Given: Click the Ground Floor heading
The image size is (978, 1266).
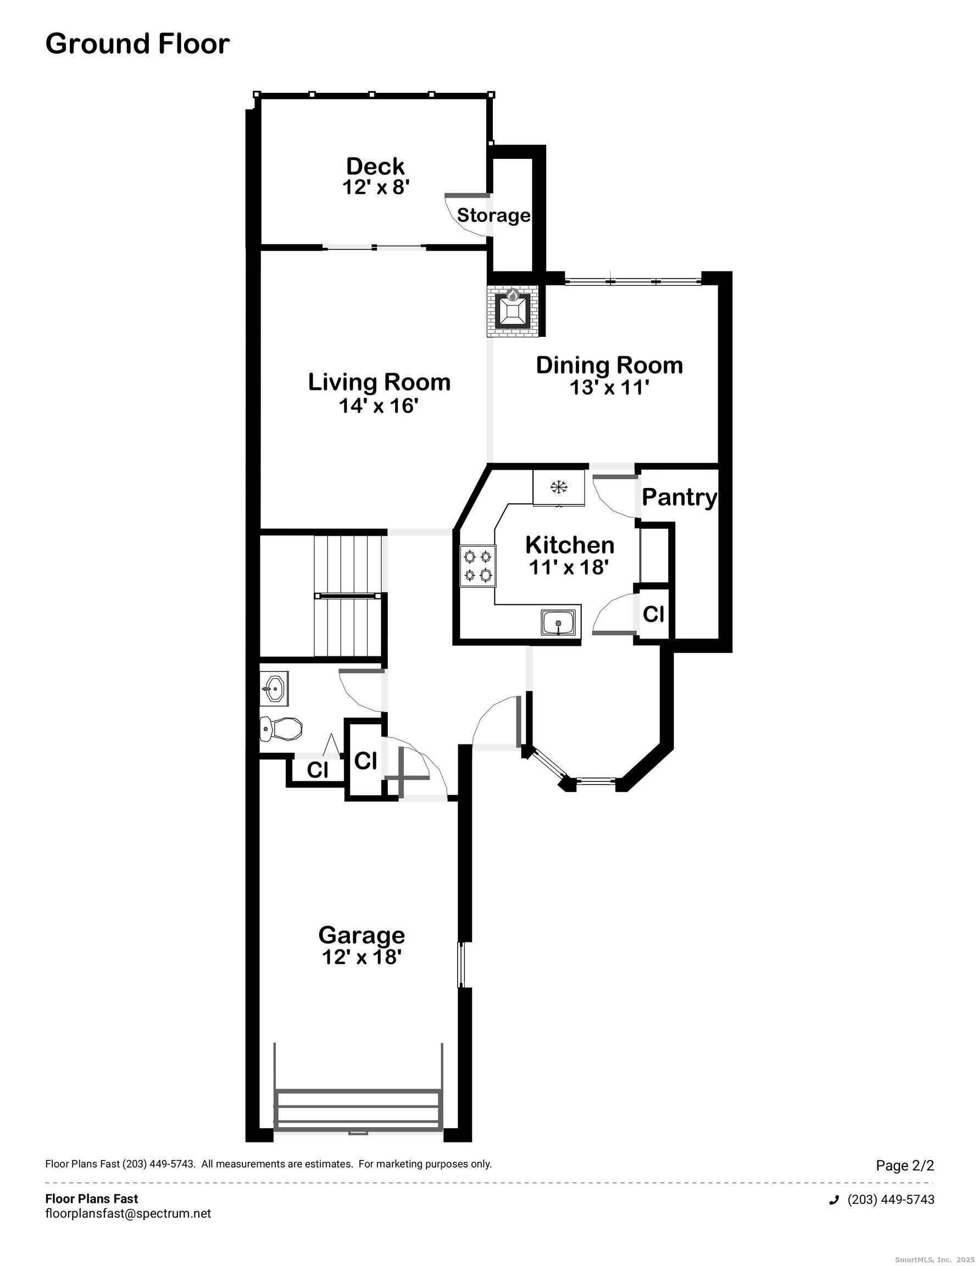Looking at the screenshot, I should (137, 44).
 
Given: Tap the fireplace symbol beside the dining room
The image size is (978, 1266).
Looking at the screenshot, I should (513, 312).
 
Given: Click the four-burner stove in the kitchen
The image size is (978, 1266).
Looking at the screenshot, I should (477, 567).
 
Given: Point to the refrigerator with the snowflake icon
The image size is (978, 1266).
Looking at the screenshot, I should (559, 487).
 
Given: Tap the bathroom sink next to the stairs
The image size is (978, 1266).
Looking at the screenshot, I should (274, 689).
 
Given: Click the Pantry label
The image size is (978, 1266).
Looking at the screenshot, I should (679, 497).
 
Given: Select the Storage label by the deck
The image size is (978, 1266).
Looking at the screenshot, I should (493, 215).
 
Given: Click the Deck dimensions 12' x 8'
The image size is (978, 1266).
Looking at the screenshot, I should (376, 187).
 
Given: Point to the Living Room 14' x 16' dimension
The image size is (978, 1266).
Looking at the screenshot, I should (379, 406).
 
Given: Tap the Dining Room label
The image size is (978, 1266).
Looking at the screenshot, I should (609, 365).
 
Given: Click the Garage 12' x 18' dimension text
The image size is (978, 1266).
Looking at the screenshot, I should (362, 957).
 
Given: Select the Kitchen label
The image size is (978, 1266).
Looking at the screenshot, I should (569, 545).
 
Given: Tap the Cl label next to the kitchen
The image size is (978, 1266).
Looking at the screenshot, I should (653, 614).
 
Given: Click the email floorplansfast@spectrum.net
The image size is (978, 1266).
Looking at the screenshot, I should (128, 1213).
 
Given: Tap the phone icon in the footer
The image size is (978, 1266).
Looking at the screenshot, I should (834, 1200).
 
